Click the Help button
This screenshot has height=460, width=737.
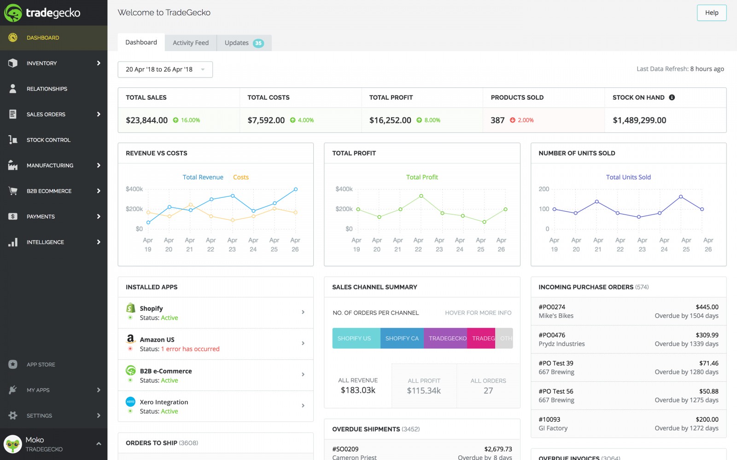click(x=711, y=13)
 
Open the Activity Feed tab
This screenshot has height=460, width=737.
click(x=190, y=43)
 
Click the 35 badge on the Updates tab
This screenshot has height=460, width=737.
click(x=258, y=43)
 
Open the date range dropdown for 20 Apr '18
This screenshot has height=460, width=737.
click(x=165, y=69)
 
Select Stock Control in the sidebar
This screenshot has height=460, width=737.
click(x=48, y=140)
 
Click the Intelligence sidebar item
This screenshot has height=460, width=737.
click(x=45, y=242)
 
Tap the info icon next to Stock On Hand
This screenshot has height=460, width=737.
click(x=672, y=98)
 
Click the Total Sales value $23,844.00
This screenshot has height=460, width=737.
click(x=146, y=120)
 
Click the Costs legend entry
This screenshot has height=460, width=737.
click(x=240, y=177)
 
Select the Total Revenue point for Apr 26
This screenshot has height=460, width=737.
click(x=296, y=189)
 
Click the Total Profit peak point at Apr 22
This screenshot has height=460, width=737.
click(x=421, y=196)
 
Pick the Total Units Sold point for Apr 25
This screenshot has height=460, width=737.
click(x=681, y=197)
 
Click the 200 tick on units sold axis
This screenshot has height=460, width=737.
click(x=544, y=189)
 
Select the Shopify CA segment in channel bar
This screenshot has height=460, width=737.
click(x=402, y=338)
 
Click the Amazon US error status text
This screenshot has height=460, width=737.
click(x=190, y=349)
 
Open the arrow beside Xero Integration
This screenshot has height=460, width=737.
click(x=303, y=405)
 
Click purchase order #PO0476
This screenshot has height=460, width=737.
click(x=552, y=335)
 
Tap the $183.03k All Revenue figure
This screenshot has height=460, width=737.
click(x=358, y=391)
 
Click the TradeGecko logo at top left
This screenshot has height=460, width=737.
click(x=42, y=13)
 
